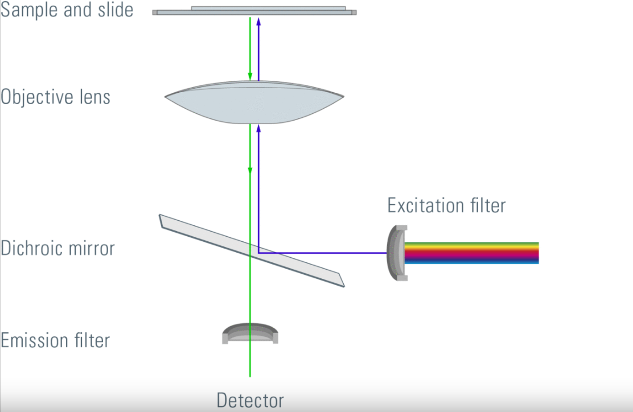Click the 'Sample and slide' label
tap(67, 10)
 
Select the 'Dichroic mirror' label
tap(57, 249)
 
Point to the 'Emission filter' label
tap(55, 340)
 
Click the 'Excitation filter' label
tap(446, 205)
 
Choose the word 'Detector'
tap(250, 400)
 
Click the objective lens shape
tap(254, 105)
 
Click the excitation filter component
tap(397, 253)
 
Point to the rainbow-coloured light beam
tap(472, 253)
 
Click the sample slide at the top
tap(254, 11)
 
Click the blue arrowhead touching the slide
tap(259, 21)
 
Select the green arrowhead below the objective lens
tap(250, 170)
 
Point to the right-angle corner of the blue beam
tap(259, 252)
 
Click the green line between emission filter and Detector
tap(250, 361)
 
